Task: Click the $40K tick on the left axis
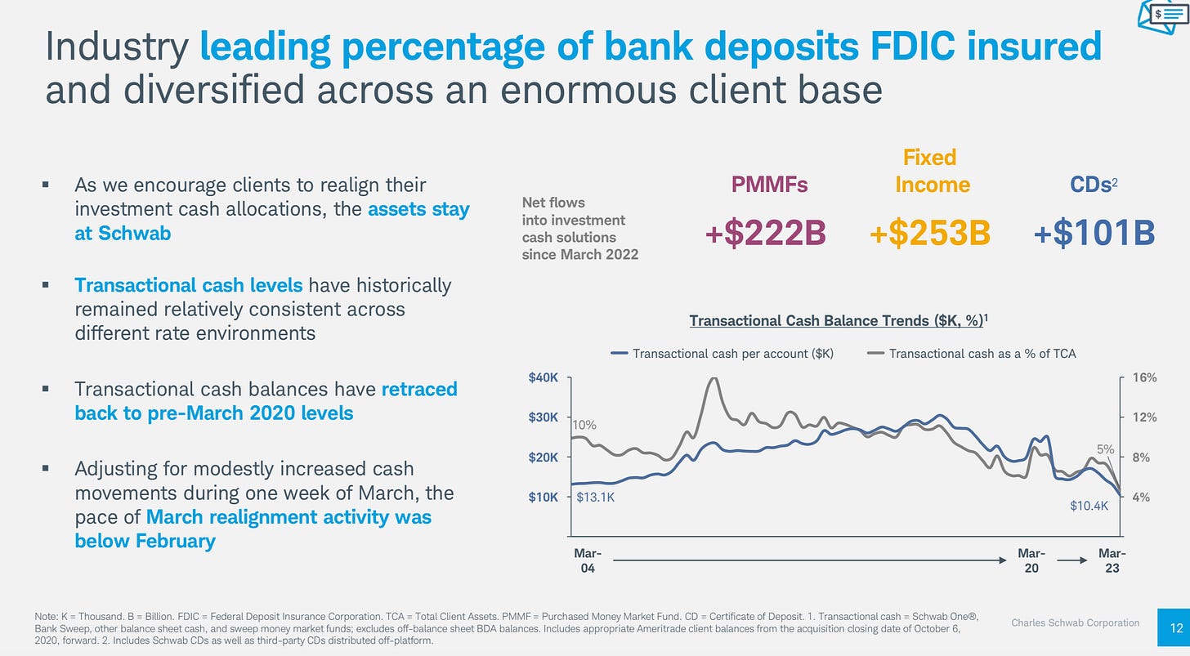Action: point(544,377)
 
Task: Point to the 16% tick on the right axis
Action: point(1145,377)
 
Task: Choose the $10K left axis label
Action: point(544,497)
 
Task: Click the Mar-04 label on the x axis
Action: point(588,560)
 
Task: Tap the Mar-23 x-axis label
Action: point(1112,560)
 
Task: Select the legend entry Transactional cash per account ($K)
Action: point(722,354)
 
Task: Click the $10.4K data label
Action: point(1089,506)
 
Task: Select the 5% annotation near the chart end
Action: point(1105,448)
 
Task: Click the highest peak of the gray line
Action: point(713,378)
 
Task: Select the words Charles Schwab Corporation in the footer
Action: point(1075,623)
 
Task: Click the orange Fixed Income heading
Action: point(932,171)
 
